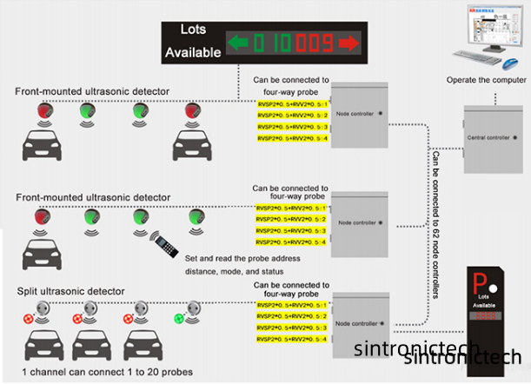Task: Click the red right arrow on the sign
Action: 348,43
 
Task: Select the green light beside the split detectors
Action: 180,317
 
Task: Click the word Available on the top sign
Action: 193,53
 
